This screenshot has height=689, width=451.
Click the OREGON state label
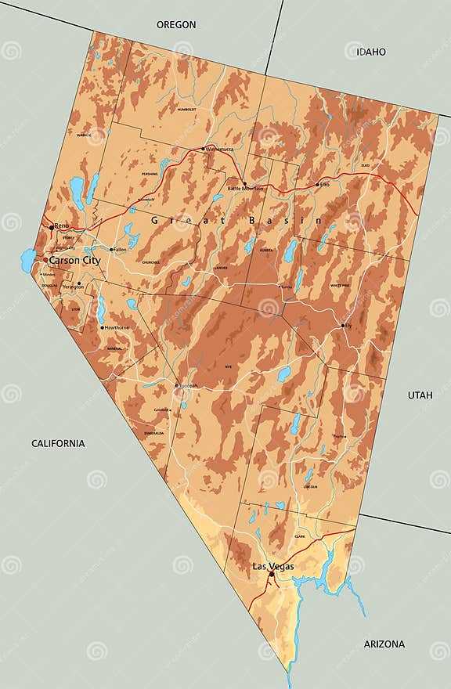[176, 25]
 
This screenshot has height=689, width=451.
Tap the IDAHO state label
[371, 52]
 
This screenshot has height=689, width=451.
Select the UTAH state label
[420, 395]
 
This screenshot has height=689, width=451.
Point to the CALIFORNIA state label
[58, 443]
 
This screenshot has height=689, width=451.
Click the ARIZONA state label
[384, 644]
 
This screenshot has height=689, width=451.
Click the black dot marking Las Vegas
[272, 574]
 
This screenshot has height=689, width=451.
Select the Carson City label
[74, 260]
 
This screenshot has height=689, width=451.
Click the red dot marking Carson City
[45, 260]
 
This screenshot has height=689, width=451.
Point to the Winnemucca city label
[219, 149]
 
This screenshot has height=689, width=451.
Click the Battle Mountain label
[245, 189]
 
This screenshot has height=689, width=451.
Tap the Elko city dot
[317, 185]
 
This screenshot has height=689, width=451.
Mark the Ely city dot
[343, 325]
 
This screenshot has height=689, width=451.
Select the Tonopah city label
[188, 386]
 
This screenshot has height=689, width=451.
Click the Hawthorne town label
[117, 327]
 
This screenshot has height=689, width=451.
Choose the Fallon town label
[120, 250]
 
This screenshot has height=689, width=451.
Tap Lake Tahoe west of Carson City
[27, 258]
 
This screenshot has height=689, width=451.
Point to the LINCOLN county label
[309, 486]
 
